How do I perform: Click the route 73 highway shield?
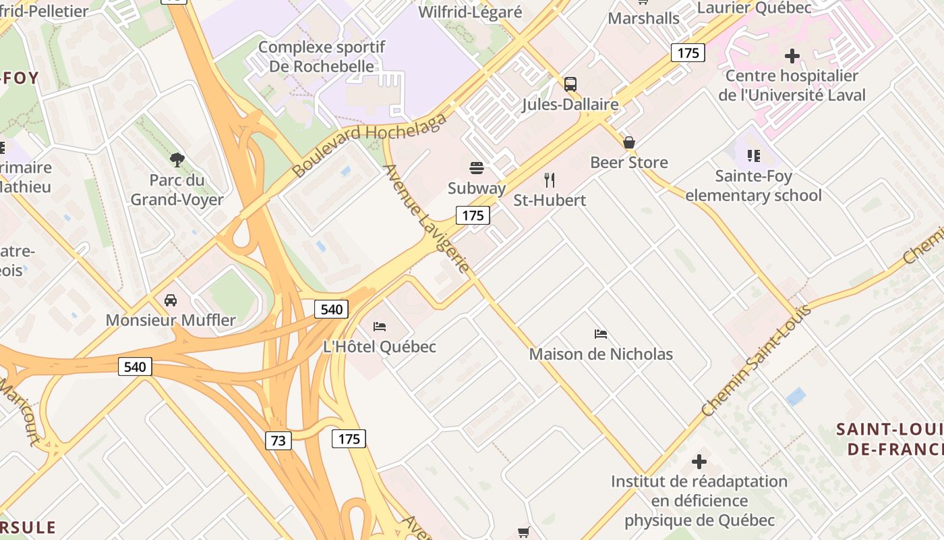(278, 441)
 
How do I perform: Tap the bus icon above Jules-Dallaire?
(570, 84)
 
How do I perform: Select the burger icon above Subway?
(477, 167)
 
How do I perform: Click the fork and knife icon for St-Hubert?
(550, 180)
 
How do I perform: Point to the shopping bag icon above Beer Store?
(629, 142)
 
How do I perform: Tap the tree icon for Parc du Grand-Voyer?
(177, 160)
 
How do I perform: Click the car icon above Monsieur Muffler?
(171, 300)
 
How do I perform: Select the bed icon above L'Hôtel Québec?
(380, 327)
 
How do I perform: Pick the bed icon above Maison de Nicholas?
(601, 333)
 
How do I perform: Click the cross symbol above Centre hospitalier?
(792, 55)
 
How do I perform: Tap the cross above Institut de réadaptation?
(699, 462)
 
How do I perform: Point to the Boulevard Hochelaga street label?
(370, 145)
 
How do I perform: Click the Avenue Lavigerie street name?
(426, 218)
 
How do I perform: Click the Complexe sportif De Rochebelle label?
(322, 57)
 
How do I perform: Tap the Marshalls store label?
(644, 18)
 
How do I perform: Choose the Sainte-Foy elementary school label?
(753, 186)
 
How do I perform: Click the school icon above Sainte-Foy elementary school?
(754, 156)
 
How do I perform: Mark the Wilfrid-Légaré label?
(470, 12)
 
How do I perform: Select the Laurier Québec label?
(754, 7)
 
